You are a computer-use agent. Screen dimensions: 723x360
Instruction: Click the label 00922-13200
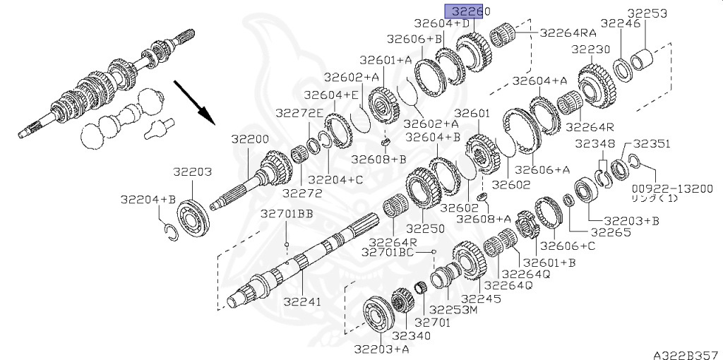coord(672,188)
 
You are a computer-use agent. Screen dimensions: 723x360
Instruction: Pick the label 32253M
coord(453,310)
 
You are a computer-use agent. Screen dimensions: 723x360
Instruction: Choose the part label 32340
coord(412,335)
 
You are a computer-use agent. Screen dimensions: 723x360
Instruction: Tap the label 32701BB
coord(287,214)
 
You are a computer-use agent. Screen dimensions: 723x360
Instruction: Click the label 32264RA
coord(568,32)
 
